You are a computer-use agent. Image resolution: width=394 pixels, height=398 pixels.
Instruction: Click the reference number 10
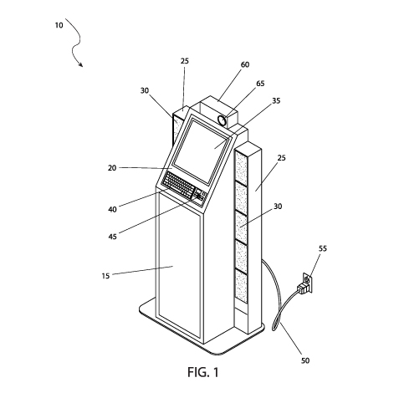tap(59, 25)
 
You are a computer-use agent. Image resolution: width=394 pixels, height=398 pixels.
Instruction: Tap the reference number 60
tap(245, 64)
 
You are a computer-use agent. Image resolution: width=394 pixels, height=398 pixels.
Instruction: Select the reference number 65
tap(260, 84)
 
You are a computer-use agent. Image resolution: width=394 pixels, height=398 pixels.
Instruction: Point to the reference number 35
tap(276, 100)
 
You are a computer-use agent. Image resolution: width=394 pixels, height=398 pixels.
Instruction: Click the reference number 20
tap(112, 168)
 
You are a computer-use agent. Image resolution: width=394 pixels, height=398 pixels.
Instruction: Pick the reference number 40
tap(112, 209)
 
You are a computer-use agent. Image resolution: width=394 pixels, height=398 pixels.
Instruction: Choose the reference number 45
tap(112, 237)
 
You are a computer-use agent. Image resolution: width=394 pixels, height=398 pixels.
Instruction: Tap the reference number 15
tap(105, 276)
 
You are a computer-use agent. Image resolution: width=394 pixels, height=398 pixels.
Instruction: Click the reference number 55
tap(323, 248)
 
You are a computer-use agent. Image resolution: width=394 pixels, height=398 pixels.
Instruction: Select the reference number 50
tap(305, 360)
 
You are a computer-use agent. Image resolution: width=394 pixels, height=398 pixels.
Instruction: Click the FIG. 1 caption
tap(203, 372)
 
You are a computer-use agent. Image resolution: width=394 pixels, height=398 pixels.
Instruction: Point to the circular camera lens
tap(223, 120)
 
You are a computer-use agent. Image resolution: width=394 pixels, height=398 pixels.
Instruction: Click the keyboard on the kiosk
tap(179, 185)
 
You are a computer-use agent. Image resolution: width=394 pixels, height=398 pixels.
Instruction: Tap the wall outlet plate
tap(307, 282)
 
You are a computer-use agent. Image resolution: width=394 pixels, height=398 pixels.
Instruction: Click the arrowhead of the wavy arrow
tap(81, 64)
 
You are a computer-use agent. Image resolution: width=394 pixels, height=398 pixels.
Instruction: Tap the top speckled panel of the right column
tap(242, 167)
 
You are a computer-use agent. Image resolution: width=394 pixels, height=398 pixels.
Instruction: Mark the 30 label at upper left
tap(145, 90)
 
